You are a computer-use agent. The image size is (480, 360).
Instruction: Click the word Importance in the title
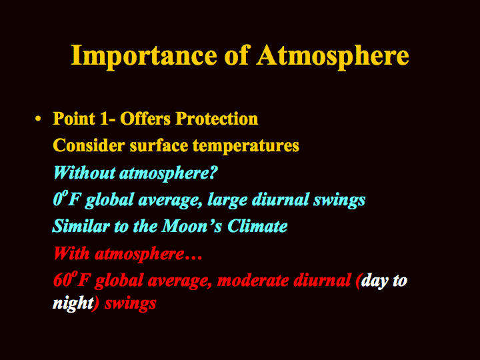click(x=144, y=57)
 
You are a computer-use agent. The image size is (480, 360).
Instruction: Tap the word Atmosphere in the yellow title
click(x=333, y=57)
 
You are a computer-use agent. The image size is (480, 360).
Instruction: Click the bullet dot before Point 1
click(x=38, y=119)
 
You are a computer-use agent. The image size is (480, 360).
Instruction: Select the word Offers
click(x=145, y=119)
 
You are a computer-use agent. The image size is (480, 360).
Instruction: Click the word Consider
click(x=89, y=145)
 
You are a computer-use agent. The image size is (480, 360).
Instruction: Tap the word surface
click(x=159, y=145)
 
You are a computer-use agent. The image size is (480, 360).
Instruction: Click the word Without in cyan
click(x=84, y=173)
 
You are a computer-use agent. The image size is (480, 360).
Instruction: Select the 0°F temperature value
click(x=67, y=199)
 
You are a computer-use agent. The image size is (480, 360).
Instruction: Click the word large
click(x=227, y=200)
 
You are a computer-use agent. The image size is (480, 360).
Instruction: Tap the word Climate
click(x=257, y=226)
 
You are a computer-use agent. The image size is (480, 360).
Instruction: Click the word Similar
click(x=81, y=226)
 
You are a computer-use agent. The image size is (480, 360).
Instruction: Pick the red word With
click(x=71, y=253)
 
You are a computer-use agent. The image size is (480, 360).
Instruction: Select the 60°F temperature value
click(x=71, y=279)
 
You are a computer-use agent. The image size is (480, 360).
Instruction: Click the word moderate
click(x=253, y=281)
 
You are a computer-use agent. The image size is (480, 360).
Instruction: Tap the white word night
click(x=73, y=304)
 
